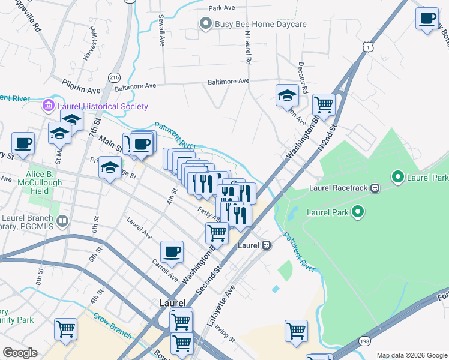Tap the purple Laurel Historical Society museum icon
[48, 107]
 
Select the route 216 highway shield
[114, 76]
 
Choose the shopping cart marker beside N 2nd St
[324, 105]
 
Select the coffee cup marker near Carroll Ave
[172, 251]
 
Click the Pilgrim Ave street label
[81, 86]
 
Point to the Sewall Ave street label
[161, 31]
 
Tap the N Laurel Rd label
[246, 48]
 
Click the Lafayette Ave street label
[221, 306]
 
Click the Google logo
[20, 353]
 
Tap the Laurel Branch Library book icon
[61, 221]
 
